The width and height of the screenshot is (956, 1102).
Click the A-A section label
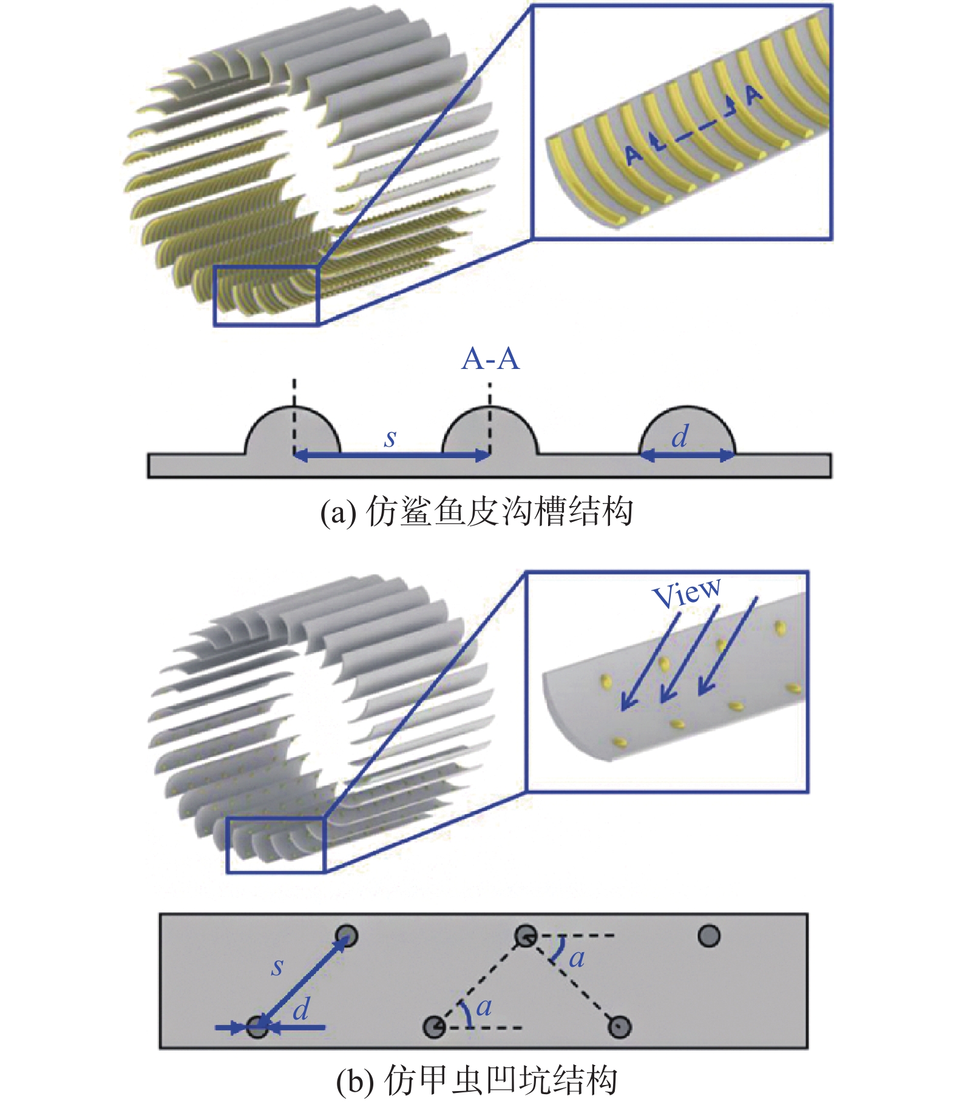point(490,359)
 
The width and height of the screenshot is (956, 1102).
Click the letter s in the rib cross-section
point(390,438)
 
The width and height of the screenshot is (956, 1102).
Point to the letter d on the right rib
point(680,436)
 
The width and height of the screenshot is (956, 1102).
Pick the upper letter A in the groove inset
point(753,94)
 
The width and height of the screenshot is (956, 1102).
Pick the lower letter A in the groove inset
point(634,155)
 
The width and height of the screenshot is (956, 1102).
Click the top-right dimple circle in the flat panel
point(709,935)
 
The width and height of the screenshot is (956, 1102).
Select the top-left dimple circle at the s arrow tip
point(347,936)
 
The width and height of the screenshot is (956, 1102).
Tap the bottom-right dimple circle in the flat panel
point(620,1027)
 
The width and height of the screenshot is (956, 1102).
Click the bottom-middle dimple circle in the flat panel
point(434,1027)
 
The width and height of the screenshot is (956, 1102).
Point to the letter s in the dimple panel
point(277,967)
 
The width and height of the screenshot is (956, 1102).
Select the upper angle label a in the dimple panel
point(577,959)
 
